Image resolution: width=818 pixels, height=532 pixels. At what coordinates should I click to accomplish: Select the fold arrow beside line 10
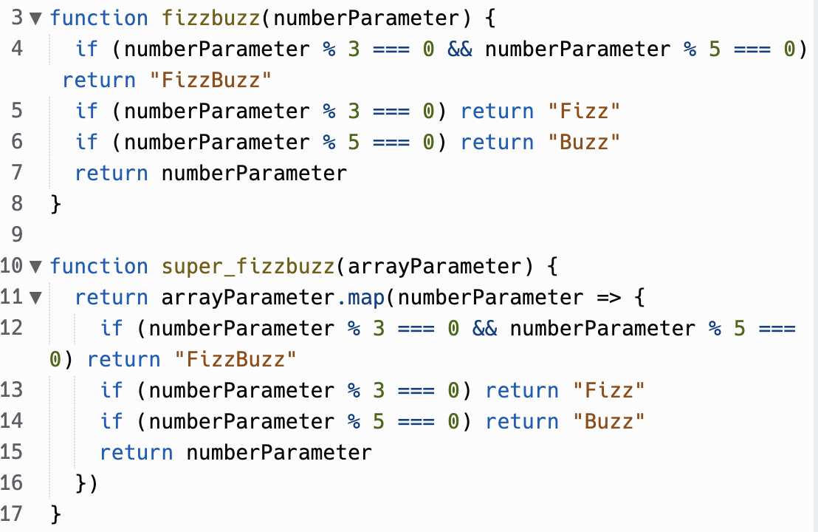coord(35,266)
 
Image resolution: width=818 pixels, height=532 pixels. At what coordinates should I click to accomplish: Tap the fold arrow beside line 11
coord(35,297)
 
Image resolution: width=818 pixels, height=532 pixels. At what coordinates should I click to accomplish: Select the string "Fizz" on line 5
coord(583,111)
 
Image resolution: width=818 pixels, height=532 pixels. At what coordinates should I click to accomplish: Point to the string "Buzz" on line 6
coord(583,142)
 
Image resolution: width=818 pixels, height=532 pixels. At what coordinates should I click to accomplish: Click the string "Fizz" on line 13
coord(608,390)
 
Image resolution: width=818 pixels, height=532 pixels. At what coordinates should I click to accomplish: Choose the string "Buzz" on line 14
coord(608,421)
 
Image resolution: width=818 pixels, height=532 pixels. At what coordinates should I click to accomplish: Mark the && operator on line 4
coord(459,49)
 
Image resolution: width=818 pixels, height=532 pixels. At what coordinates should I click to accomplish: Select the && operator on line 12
coord(484,328)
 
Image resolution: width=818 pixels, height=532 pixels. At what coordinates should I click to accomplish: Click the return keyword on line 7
coord(111,173)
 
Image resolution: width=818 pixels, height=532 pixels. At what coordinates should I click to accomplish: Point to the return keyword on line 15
coord(137,452)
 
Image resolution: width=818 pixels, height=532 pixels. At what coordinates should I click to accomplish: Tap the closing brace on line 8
coord(55,204)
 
